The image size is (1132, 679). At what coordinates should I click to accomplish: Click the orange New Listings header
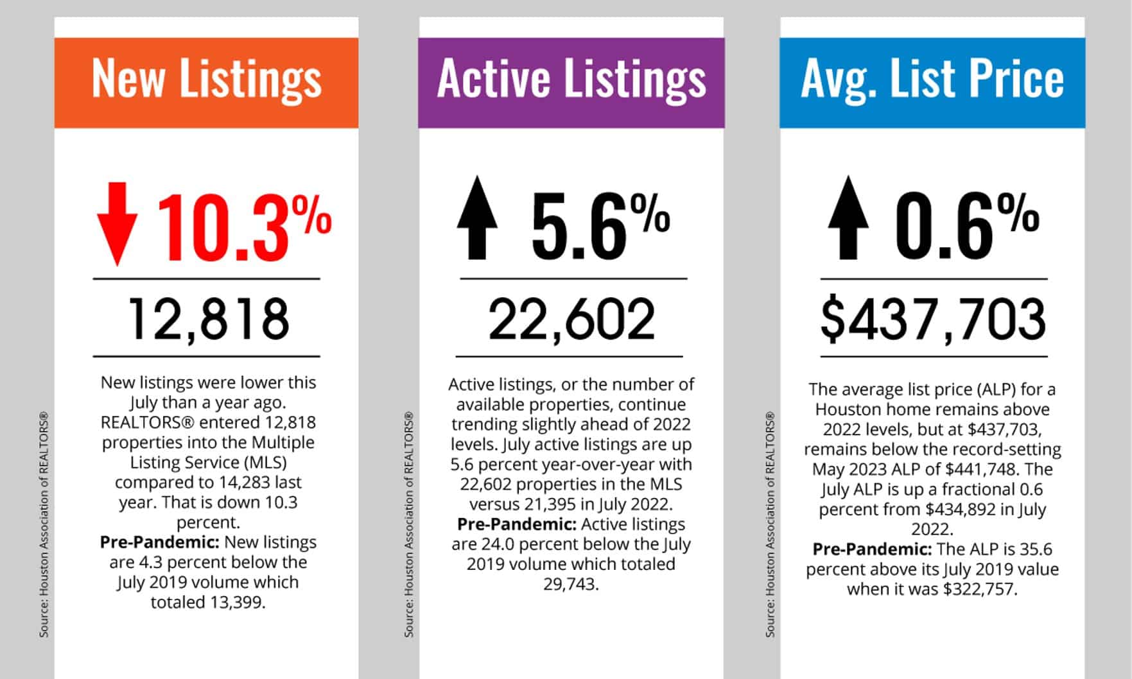tap(206, 82)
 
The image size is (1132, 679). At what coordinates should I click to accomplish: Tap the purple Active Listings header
tap(571, 82)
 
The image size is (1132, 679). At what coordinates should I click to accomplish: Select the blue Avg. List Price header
tap(932, 82)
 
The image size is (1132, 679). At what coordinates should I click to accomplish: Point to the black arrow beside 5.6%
tap(477, 218)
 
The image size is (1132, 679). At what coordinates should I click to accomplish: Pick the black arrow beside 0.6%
tap(848, 218)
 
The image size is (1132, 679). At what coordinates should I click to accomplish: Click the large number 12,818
tap(208, 319)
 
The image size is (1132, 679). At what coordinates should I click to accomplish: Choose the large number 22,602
tap(571, 319)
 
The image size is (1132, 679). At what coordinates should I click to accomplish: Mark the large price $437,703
tap(933, 319)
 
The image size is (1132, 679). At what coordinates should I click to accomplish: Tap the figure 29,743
tap(570, 585)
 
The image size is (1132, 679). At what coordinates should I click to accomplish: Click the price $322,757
tap(980, 589)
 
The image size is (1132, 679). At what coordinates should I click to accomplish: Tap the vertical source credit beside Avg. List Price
tap(771, 524)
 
